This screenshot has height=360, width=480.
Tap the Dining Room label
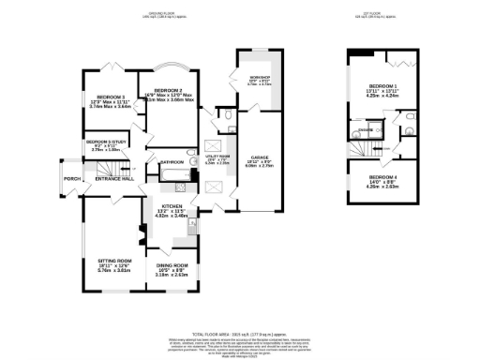(x=173, y=272)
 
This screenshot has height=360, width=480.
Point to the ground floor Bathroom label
(x=172, y=162)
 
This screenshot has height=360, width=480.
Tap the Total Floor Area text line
(x=240, y=335)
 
